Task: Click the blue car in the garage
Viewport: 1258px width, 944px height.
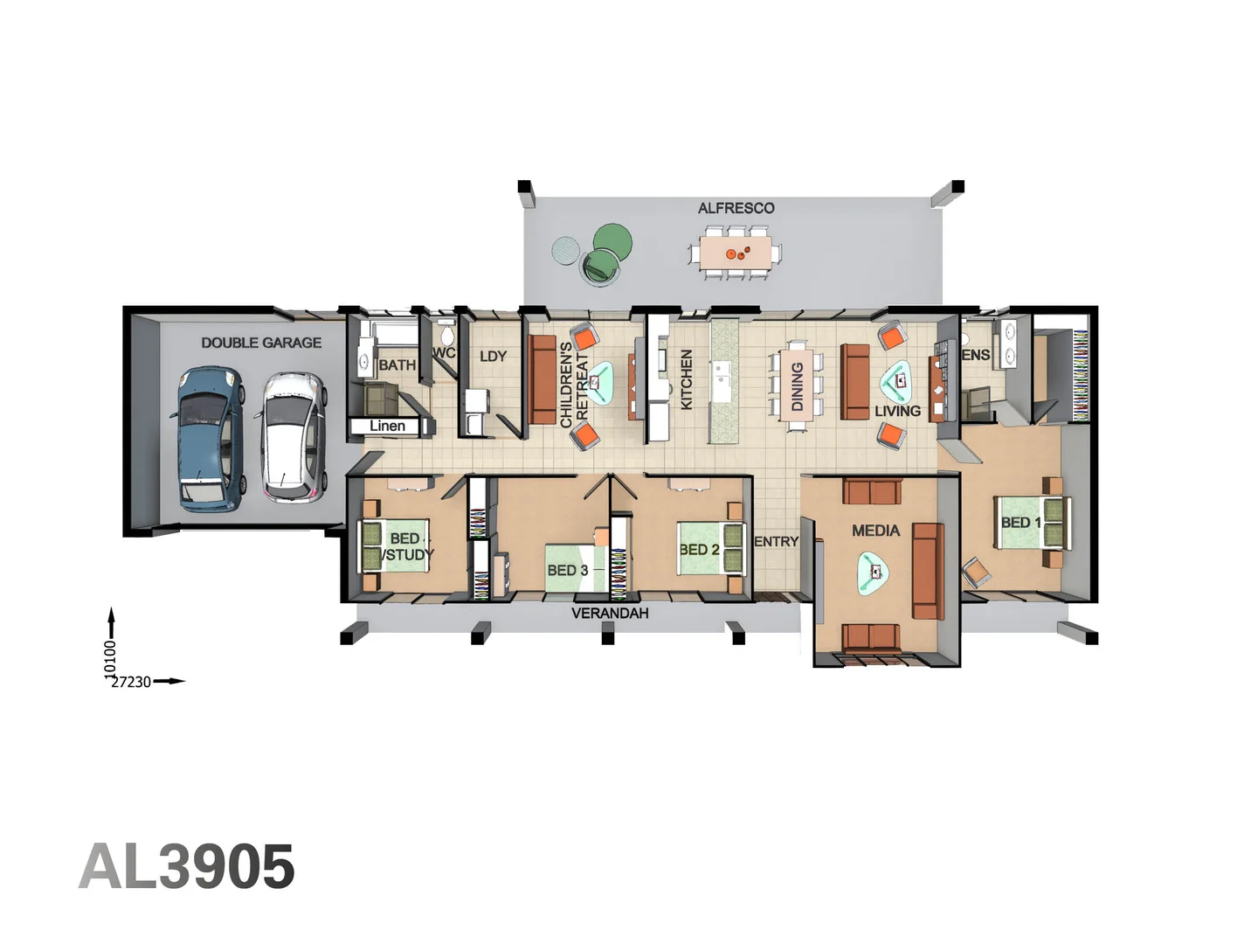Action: pyautogui.click(x=210, y=438)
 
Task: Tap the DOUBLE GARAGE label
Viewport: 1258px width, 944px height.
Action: pyautogui.click(x=261, y=343)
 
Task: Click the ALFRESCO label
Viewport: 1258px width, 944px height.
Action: pyautogui.click(x=736, y=208)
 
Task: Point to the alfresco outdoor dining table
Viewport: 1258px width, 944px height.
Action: pyautogui.click(x=736, y=253)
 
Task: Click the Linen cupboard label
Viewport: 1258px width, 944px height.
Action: pyautogui.click(x=387, y=426)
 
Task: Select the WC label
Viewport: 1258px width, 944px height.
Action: pyautogui.click(x=444, y=353)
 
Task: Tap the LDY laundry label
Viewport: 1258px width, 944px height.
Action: pyautogui.click(x=493, y=357)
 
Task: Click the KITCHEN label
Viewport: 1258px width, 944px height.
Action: pyautogui.click(x=687, y=379)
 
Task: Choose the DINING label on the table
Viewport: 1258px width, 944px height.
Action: pyautogui.click(x=797, y=386)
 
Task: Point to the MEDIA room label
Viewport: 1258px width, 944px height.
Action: pyautogui.click(x=875, y=531)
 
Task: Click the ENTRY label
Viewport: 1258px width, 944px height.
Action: pyautogui.click(x=776, y=542)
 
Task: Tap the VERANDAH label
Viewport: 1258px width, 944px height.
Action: pyautogui.click(x=610, y=614)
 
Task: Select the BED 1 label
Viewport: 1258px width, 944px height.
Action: pyautogui.click(x=1020, y=523)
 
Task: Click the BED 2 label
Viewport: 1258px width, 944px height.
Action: pyautogui.click(x=699, y=550)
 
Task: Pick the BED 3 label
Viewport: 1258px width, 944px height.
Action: pyautogui.click(x=567, y=570)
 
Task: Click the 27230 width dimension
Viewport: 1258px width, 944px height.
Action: pyautogui.click(x=131, y=682)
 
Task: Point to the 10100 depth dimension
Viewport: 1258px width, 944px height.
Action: pyautogui.click(x=110, y=658)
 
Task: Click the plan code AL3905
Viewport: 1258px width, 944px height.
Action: pyautogui.click(x=187, y=867)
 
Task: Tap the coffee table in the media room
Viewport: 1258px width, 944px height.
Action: pyautogui.click(x=874, y=572)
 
